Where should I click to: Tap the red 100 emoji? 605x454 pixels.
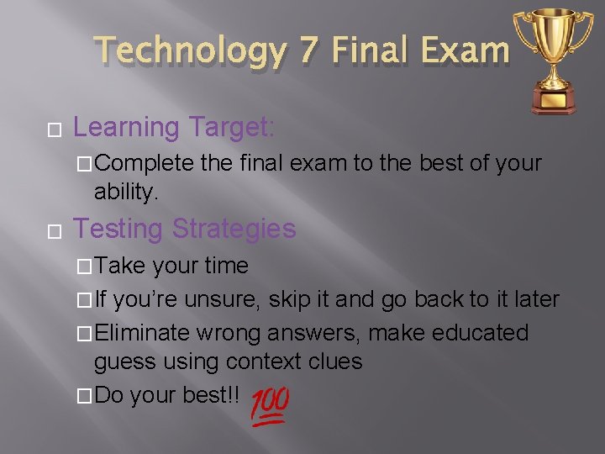coord(270,407)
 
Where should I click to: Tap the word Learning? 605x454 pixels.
coord(126,127)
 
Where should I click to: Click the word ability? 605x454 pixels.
coord(126,193)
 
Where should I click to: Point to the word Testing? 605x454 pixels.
coord(118,229)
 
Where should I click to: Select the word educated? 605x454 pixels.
coord(480,333)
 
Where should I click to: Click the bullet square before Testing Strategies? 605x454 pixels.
coord(55,230)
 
